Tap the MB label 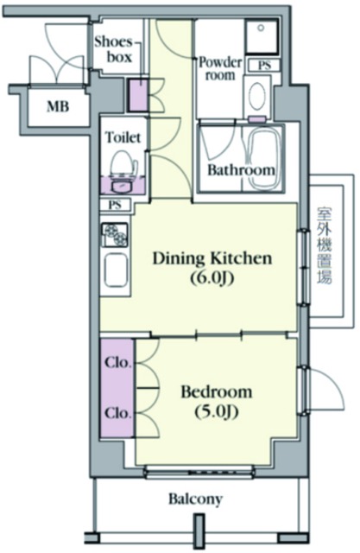58,108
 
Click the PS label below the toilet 115,205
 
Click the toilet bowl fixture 121,162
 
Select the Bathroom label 240,170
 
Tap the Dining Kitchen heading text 212,258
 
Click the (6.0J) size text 212,278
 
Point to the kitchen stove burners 115,233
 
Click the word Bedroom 216,391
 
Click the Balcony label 195,499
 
